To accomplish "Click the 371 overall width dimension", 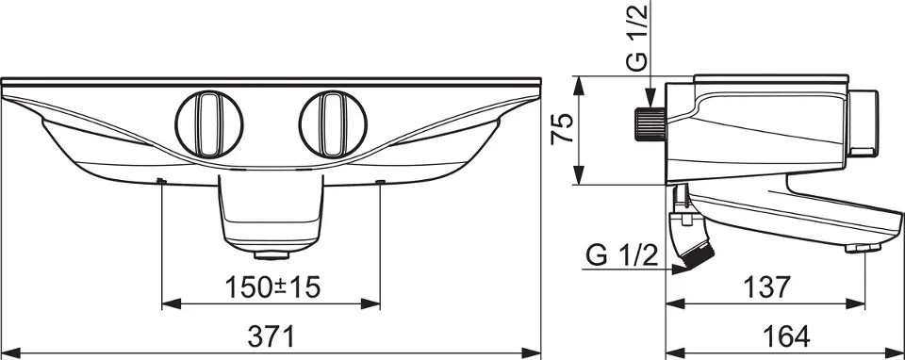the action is [271, 336].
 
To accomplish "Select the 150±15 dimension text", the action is [272, 287].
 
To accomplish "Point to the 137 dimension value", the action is [765, 287].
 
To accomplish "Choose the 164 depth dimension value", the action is [785, 336].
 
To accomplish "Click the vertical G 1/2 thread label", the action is [638, 37].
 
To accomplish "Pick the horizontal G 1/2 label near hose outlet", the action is [621, 255].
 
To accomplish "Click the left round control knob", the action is [209, 124].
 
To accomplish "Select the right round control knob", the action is [333, 124].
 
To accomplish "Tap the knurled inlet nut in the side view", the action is [650, 124].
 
